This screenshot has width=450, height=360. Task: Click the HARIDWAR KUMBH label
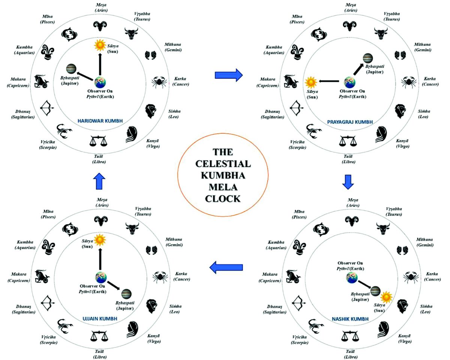pyautogui.click(x=100, y=121)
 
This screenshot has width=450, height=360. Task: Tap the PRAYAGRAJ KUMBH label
pyautogui.click(x=350, y=122)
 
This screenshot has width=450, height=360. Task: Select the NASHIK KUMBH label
pyautogui.click(x=350, y=319)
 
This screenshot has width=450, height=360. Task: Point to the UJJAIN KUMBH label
pyautogui.click(x=100, y=319)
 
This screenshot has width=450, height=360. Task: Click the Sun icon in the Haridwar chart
pyautogui.click(x=100, y=46)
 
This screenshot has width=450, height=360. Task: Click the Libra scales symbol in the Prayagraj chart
pyautogui.click(x=348, y=141)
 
